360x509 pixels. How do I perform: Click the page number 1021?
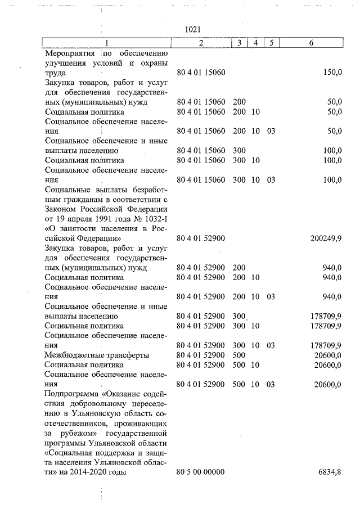click(x=192, y=29)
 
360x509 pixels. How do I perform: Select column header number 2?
click(x=201, y=43)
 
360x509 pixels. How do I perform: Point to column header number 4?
click(x=255, y=43)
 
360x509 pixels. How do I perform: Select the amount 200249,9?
click(x=326, y=238)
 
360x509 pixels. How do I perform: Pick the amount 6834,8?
click(x=330, y=472)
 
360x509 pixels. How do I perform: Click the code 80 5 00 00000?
click(x=201, y=472)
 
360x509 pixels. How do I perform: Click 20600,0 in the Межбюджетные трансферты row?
click(x=328, y=355)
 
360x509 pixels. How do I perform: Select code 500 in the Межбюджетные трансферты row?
click(x=239, y=355)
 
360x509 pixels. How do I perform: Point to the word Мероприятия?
click(x=70, y=53)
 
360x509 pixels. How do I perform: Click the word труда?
click(x=55, y=73)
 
